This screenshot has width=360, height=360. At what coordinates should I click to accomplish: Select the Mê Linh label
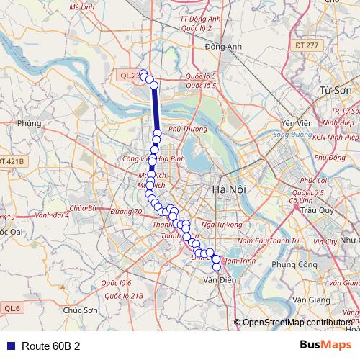[83, 6]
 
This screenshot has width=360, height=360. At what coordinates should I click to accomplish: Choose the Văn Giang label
[310, 298]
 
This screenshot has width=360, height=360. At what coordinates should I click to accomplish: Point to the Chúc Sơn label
[81, 310]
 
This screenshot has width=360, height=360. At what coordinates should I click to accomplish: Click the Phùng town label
[30, 123]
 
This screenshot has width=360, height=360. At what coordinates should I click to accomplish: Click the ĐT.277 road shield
[305, 45]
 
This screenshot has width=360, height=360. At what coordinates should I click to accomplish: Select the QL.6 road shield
[12, 308]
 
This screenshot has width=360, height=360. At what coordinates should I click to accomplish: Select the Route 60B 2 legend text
[50, 346]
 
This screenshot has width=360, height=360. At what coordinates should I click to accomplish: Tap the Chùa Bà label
[83, 208]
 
